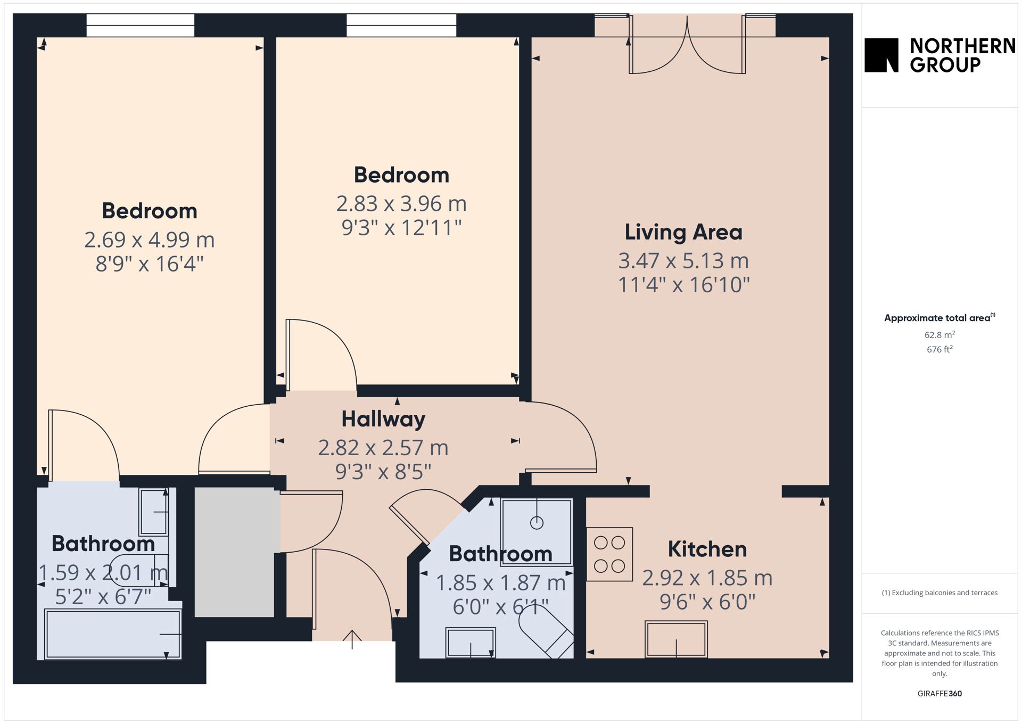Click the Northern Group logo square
[881, 55]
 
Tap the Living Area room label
[683, 232]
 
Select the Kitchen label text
[707, 549]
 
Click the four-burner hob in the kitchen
[609, 554]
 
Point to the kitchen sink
[676, 639]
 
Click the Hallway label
[383, 420]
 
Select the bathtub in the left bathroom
[113, 635]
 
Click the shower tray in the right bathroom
[537, 532]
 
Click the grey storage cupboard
[234, 552]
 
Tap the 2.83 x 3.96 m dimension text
[401, 203]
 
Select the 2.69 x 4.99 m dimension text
[150, 240]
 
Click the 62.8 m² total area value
[939, 335]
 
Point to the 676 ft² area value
[939, 349]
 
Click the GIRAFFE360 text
[939, 693]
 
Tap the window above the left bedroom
[141, 25]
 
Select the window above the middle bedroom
[401, 25]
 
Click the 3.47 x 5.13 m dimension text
[683, 261]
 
